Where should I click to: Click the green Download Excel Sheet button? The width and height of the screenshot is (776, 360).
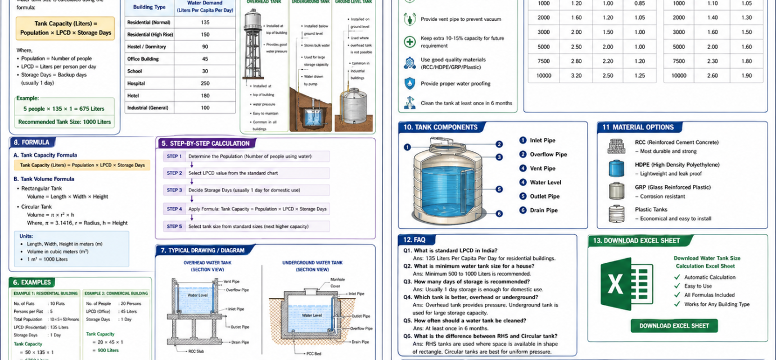(x=674, y=326)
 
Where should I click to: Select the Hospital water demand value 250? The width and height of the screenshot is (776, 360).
(x=205, y=83)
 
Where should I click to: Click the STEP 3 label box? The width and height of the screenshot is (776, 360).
(x=174, y=190)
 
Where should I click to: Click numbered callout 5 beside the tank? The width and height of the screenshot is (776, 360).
(x=499, y=190)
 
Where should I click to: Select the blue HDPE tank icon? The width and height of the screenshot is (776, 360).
(x=616, y=169)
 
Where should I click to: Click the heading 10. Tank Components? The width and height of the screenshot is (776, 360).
(x=440, y=128)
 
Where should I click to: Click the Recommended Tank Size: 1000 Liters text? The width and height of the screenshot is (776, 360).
(x=65, y=121)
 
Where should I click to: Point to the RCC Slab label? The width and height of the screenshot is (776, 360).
(x=196, y=351)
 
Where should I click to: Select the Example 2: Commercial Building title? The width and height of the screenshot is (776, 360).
(x=116, y=293)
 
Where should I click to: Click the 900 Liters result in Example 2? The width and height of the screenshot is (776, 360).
(x=108, y=350)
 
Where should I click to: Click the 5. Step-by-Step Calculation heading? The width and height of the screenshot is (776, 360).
(x=205, y=143)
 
